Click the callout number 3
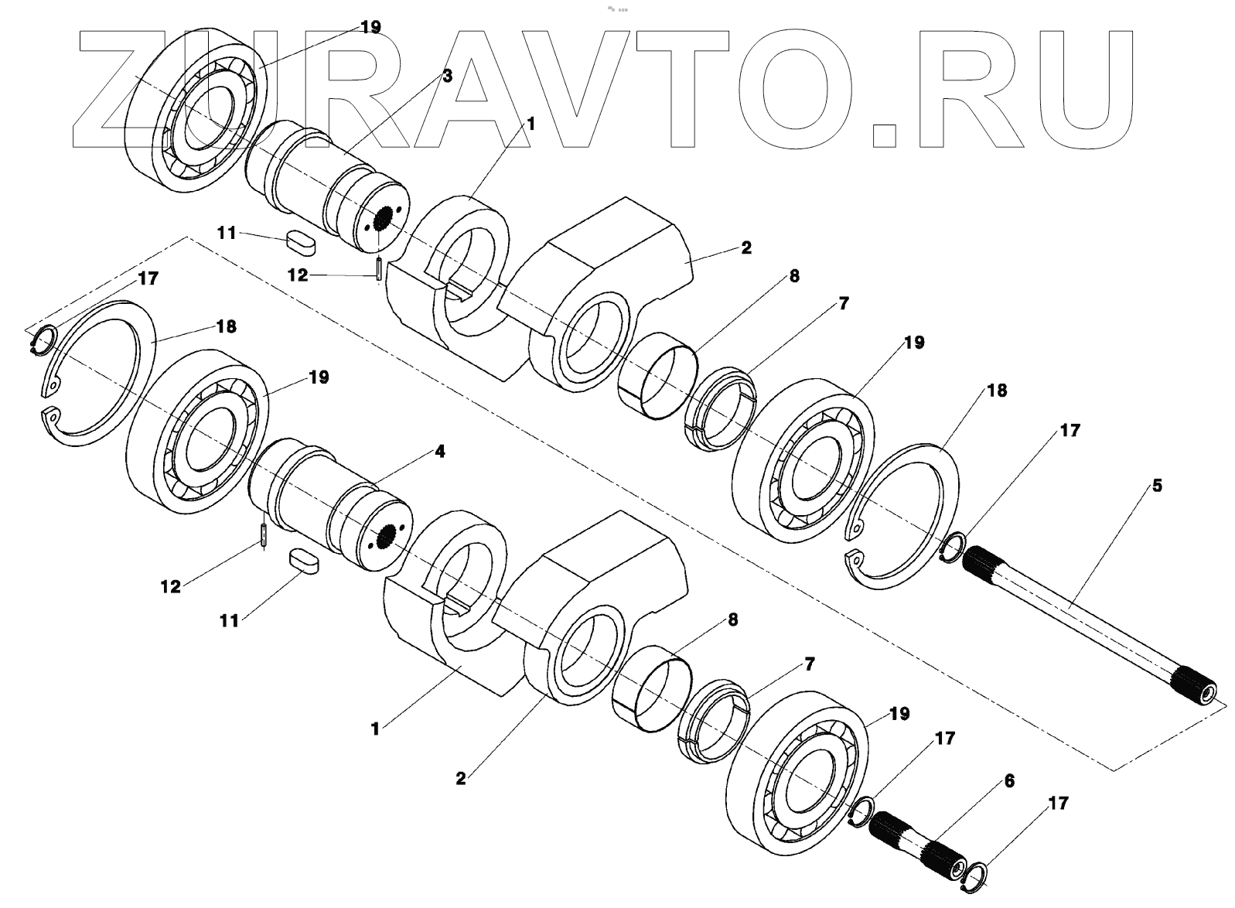(447, 76)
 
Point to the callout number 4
(439, 451)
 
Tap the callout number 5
(1157, 486)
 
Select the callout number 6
(1008, 781)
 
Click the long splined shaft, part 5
(1083, 619)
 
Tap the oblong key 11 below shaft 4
(303, 562)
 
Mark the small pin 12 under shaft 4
(264, 535)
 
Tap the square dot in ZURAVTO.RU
(882, 134)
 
